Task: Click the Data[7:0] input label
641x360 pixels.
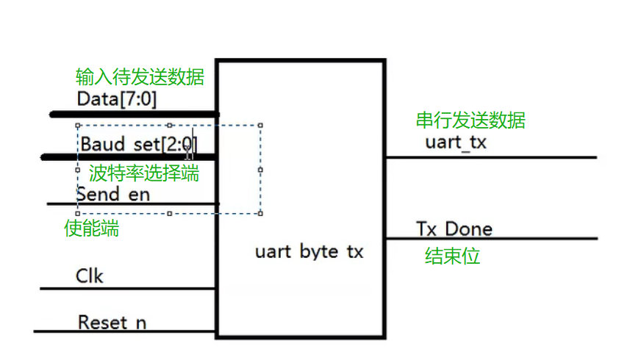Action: (116, 98)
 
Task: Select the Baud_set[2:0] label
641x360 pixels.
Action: (138, 143)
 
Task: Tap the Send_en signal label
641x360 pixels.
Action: (112, 194)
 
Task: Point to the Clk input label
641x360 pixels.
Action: (90, 276)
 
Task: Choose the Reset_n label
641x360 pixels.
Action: (112, 322)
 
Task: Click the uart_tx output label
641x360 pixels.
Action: (456, 142)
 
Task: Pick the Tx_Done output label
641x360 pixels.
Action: (454, 228)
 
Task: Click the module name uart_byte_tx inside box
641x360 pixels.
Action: (309, 252)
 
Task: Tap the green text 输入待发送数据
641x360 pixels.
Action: (140, 76)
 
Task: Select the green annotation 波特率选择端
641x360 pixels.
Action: (144, 173)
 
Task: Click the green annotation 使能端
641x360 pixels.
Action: (92, 228)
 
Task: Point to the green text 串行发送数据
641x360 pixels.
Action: (470, 120)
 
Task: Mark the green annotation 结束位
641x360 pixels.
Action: (452, 256)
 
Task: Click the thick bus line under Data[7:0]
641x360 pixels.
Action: (132, 114)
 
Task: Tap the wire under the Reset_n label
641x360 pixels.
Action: (125, 331)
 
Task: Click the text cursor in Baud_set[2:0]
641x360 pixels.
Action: (189, 151)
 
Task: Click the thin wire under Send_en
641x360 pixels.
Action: (132, 204)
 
